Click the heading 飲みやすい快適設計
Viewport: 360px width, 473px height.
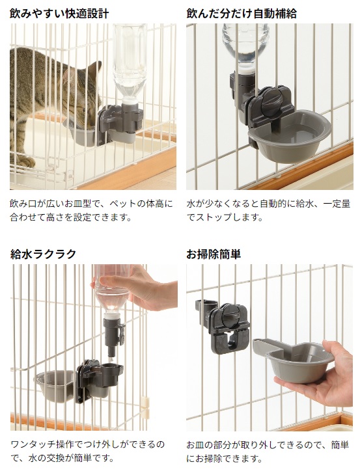59,14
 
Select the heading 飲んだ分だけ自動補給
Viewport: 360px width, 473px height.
242,14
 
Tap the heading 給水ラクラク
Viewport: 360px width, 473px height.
43,254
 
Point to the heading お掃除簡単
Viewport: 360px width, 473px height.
214,254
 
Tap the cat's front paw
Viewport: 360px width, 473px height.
25,162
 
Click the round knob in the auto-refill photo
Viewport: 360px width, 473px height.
270,103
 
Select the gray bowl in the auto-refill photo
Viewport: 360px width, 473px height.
289,137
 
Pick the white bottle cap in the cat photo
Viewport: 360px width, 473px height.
130,100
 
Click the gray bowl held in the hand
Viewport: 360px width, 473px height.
294,360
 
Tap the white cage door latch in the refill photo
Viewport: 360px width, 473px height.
145,407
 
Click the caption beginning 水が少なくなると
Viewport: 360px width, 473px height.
268,211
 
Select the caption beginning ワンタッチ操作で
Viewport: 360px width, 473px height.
88,452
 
